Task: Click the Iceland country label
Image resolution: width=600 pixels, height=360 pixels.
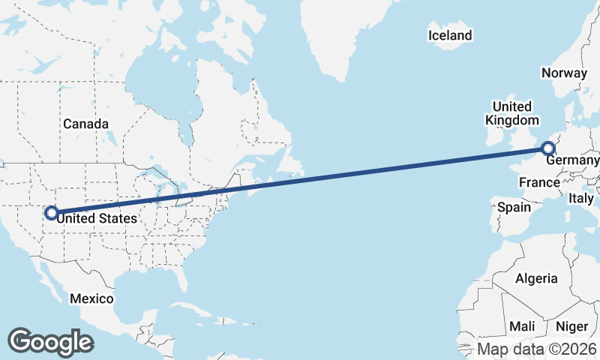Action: [450, 35]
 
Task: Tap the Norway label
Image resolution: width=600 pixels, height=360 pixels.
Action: [563, 73]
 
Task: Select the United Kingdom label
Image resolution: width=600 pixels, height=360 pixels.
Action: [512, 113]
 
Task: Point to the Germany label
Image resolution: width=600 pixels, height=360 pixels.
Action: [572, 161]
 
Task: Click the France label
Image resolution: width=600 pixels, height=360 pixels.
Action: [538, 182]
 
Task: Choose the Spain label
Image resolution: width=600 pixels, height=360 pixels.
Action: [514, 206]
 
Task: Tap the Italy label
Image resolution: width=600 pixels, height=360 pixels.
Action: [580, 199]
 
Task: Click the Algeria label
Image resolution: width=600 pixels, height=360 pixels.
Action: [536, 278]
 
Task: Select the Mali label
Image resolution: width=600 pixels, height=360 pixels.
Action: [522, 326]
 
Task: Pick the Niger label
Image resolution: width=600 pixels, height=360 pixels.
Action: [571, 326]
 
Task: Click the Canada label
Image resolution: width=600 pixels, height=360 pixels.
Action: [85, 124]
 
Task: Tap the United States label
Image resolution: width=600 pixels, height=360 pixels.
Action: [97, 218]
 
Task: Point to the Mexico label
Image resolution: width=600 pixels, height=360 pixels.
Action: [91, 298]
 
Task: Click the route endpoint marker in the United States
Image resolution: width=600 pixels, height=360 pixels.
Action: [51, 212]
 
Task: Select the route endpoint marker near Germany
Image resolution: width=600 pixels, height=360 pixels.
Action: [548, 148]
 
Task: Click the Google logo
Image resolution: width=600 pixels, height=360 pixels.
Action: [50, 341]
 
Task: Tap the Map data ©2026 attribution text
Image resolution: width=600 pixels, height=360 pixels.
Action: [537, 349]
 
